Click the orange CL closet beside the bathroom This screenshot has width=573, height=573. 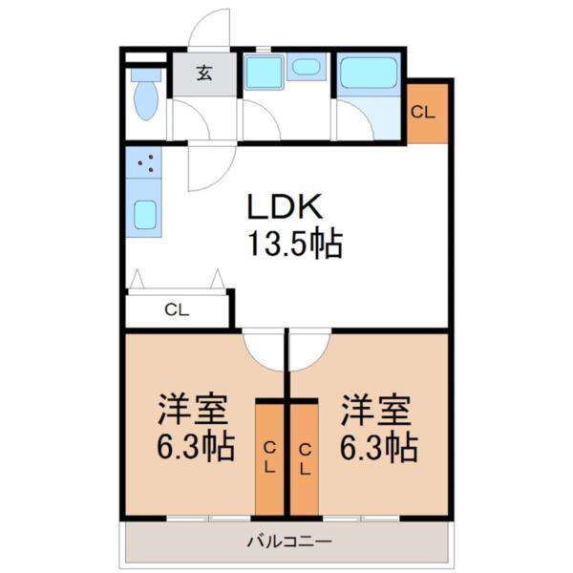click(x=426, y=111)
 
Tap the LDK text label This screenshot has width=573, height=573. click(x=286, y=207)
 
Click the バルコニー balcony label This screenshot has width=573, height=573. click(x=287, y=542)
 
